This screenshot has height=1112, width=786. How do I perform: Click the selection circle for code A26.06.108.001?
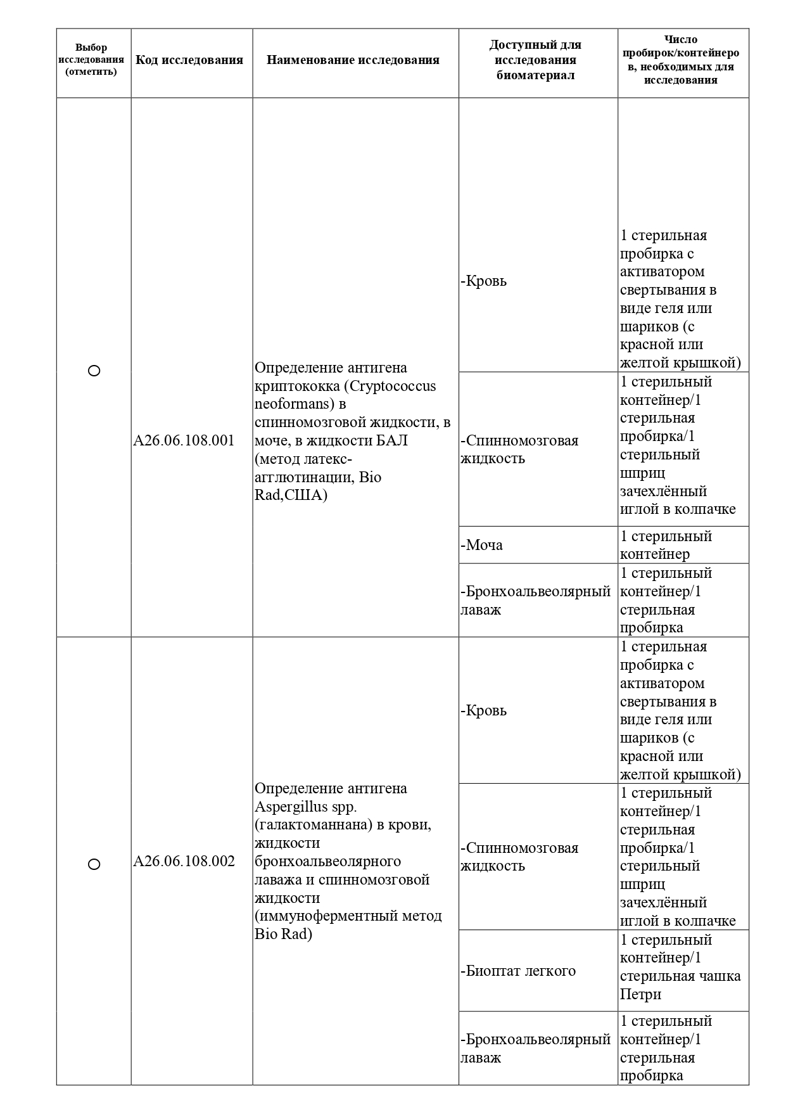(94, 371)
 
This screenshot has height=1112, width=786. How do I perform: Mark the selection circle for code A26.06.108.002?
(94, 864)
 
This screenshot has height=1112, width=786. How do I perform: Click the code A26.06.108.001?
(184, 440)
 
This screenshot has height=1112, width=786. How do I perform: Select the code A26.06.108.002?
(184, 861)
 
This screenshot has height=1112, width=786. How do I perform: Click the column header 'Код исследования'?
(189, 60)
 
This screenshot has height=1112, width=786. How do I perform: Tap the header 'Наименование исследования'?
(353, 60)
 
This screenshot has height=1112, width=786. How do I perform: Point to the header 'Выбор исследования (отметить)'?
(91, 60)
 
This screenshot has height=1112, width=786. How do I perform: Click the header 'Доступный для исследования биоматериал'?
(535, 60)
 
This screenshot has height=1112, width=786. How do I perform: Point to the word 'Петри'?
(641, 994)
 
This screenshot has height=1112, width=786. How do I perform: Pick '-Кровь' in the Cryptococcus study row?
(485, 281)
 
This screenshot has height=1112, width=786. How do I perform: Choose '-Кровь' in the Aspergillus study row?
(485, 710)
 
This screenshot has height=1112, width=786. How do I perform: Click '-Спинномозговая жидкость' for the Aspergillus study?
(519, 857)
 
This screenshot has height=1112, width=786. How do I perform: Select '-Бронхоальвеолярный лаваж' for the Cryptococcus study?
(536, 600)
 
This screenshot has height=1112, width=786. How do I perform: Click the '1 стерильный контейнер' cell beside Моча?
(666, 545)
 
